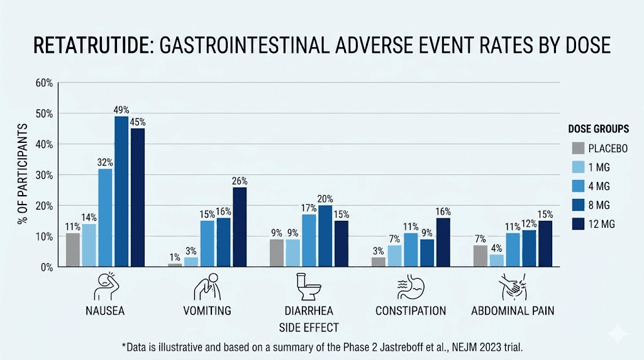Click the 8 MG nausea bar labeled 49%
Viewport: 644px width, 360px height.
click(x=121, y=192)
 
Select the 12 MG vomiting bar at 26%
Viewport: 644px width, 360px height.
click(x=239, y=227)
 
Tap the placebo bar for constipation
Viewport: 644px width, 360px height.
click(x=379, y=262)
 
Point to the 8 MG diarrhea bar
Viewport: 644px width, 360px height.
click(x=325, y=236)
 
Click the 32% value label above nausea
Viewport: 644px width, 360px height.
click(x=104, y=162)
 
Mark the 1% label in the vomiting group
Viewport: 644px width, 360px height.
click(x=174, y=257)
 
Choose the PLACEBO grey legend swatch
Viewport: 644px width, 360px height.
click(x=578, y=149)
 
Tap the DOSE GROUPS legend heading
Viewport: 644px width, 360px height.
click(x=598, y=129)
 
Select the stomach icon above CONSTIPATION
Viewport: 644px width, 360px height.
click(x=411, y=287)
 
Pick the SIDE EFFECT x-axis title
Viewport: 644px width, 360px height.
click(x=308, y=327)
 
